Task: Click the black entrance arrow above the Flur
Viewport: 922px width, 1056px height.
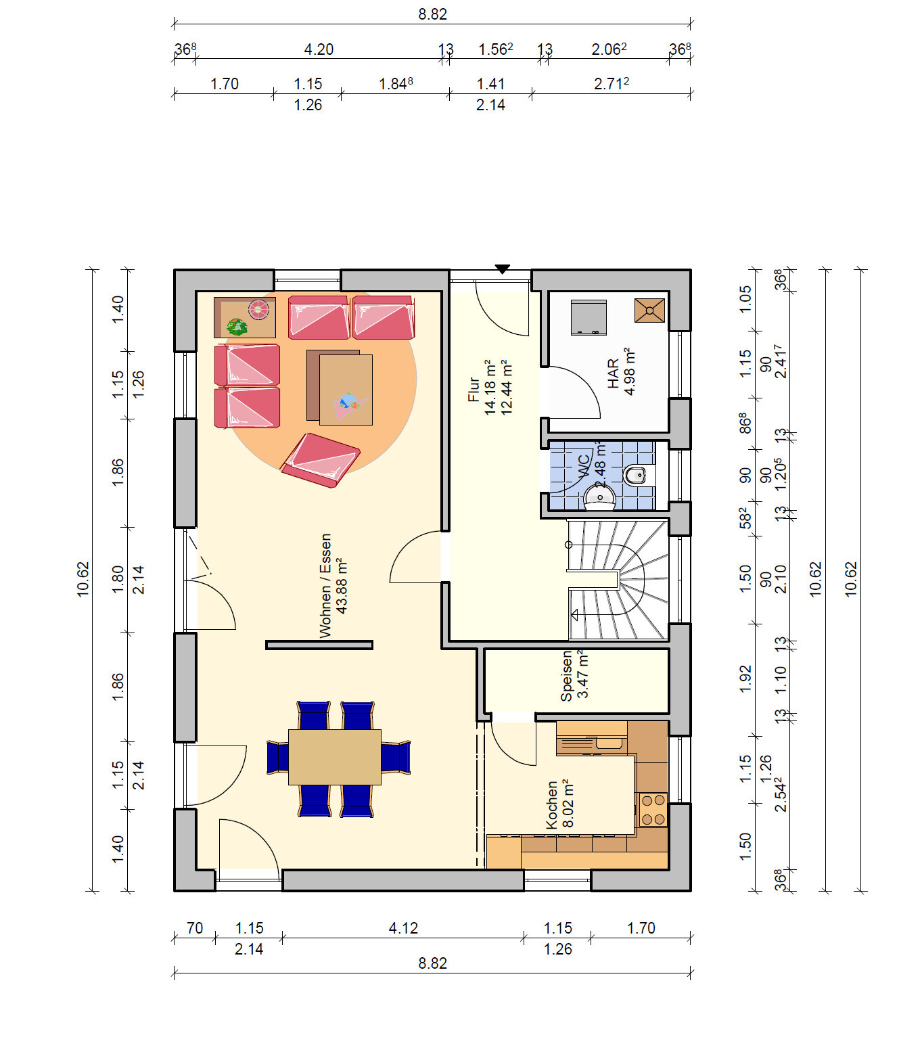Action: pyautogui.click(x=502, y=269)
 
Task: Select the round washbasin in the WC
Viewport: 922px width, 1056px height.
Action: pyautogui.click(x=599, y=499)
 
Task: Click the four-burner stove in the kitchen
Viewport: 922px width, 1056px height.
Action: pyautogui.click(x=653, y=810)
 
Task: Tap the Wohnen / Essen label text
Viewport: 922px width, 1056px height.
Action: pyautogui.click(x=325, y=586)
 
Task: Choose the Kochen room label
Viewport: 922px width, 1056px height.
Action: pyautogui.click(x=551, y=805)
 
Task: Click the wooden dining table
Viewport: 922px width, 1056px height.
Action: pyautogui.click(x=334, y=757)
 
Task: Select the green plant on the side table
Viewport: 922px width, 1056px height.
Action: pyautogui.click(x=237, y=327)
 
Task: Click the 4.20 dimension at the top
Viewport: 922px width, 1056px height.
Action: pyautogui.click(x=319, y=49)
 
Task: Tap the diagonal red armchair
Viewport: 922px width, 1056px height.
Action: pyautogui.click(x=321, y=460)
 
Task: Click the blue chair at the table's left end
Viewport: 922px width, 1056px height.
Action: pyautogui.click(x=277, y=757)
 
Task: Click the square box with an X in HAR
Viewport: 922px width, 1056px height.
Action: pyautogui.click(x=649, y=311)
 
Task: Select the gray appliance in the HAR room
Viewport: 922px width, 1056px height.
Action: pyautogui.click(x=589, y=317)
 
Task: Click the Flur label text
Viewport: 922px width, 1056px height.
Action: pyautogui.click(x=474, y=390)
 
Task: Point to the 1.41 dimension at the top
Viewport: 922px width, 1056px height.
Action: pyautogui.click(x=490, y=84)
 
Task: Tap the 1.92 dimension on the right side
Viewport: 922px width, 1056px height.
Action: pyautogui.click(x=745, y=679)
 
